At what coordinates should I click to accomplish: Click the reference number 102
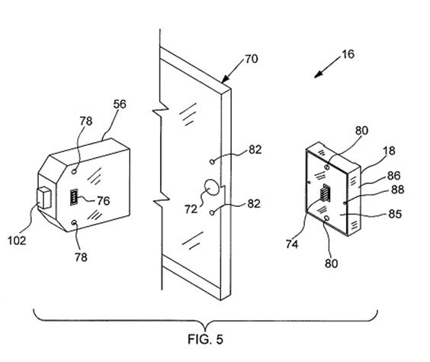[x=17, y=241]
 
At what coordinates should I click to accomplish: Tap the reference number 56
[x=120, y=105]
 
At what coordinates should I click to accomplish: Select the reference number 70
[x=251, y=59]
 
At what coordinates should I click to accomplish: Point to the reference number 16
[x=348, y=54]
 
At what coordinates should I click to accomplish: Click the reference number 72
[x=191, y=209]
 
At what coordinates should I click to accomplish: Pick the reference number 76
[x=104, y=201]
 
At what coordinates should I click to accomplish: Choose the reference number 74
[x=292, y=244]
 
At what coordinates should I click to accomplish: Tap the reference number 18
[x=389, y=150]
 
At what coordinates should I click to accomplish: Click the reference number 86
[x=394, y=176]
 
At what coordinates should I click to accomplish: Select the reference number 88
[x=397, y=189]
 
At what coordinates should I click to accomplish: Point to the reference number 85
[x=395, y=214]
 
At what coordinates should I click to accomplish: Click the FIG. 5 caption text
[x=205, y=339]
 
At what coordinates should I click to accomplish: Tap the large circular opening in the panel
[x=211, y=188]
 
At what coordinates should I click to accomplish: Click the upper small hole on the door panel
[x=212, y=162]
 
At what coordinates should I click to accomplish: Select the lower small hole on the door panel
[x=212, y=212]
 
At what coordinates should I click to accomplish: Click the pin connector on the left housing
[x=74, y=196]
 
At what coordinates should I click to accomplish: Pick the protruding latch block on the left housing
[x=44, y=198]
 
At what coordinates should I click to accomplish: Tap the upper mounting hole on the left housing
[x=74, y=171]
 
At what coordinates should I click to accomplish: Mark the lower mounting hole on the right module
[x=326, y=218]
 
